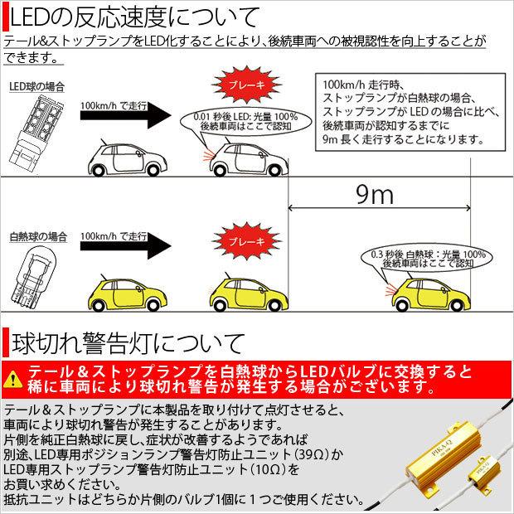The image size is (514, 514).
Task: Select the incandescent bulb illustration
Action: pos(36,273)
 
